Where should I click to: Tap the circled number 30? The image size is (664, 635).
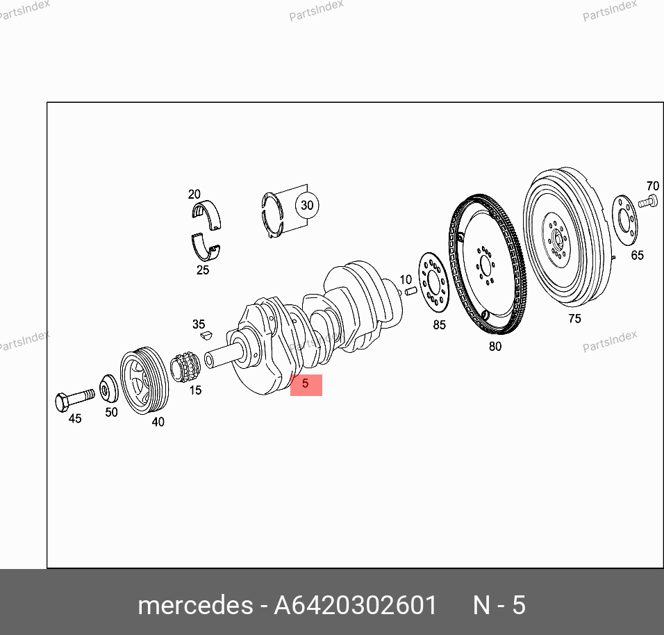[307, 206]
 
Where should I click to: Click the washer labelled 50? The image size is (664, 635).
[109, 388]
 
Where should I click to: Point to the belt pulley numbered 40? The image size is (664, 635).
[144, 380]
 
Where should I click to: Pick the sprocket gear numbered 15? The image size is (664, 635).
[185, 366]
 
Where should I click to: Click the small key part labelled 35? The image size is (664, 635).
[206, 336]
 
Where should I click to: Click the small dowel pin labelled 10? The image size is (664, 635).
[410, 292]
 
